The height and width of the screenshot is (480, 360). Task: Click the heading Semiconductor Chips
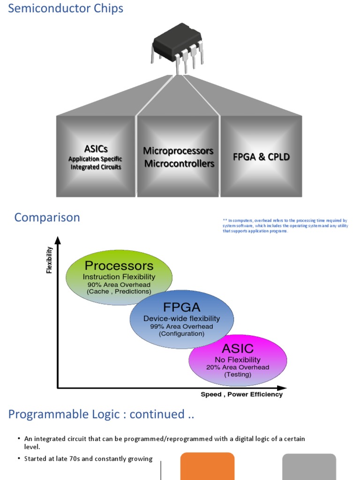[66, 8]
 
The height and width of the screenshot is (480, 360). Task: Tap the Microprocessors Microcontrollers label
[178, 157]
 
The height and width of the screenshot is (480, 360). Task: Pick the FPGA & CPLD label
[261, 157]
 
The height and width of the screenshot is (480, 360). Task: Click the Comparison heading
[47, 217]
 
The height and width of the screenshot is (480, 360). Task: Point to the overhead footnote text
[285, 225]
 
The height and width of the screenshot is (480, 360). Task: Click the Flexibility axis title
[49, 260]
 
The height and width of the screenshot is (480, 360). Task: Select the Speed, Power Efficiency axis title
[241, 394]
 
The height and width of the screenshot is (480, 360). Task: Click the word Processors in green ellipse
[119, 266]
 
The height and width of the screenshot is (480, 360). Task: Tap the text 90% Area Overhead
[119, 285]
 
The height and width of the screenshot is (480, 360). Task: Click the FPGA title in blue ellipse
[181, 307]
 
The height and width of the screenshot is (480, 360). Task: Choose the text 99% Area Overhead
[181, 326]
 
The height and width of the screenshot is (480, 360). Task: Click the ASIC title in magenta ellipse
[237, 349]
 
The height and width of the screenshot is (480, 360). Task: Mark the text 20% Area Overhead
[238, 367]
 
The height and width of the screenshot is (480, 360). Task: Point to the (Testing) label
[238, 375]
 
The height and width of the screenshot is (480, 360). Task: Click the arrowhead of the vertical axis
[58, 240]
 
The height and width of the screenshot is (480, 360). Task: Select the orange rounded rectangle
[207, 466]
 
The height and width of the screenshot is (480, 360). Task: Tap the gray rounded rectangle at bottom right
[309, 466]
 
